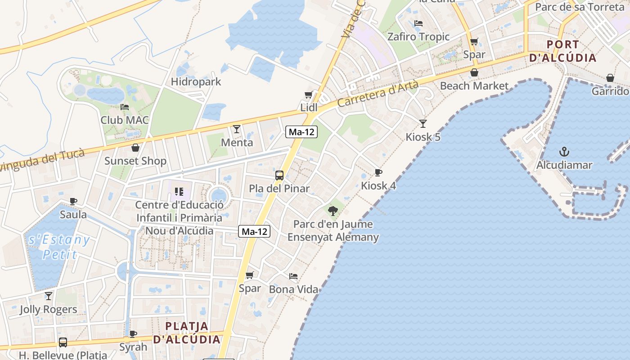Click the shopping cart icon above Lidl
tap(308, 94)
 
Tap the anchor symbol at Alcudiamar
tap(564, 152)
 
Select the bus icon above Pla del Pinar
tap(279, 175)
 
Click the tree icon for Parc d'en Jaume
tap(333, 210)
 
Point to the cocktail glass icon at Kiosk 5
tap(423, 123)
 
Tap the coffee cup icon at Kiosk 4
tap(378, 172)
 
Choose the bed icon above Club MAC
tap(125, 107)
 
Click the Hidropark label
tap(196, 82)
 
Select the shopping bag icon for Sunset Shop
tap(135, 148)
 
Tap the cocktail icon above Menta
tap(237, 129)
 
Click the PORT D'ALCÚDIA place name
tap(563, 51)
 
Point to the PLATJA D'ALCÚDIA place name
tap(187, 333)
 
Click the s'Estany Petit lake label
tap(59, 247)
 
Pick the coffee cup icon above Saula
tap(73, 201)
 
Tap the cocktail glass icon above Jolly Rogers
tap(49, 296)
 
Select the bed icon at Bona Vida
tap(293, 276)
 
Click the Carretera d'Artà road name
tap(378, 93)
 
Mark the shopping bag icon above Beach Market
tap(474, 72)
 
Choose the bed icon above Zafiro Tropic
tap(418, 23)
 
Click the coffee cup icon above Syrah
tap(133, 334)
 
